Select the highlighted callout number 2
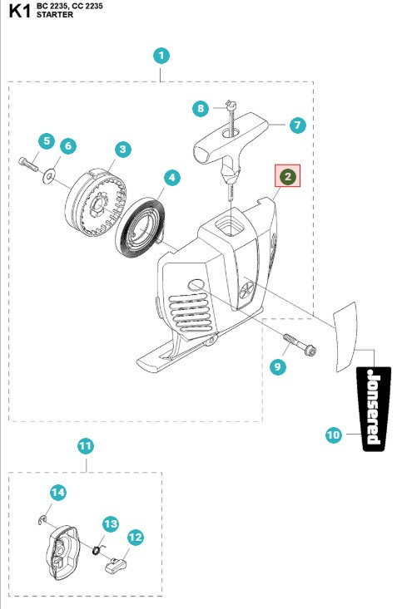pyautogui.click(x=286, y=176)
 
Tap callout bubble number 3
pyautogui.click(x=122, y=150)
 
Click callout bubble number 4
pyautogui.click(x=171, y=177)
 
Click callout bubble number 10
pyautogui.click(x=333, y=434)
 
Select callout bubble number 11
pyautogui.click(x=85, y=446)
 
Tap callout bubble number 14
pyautogui.click(x=57, y=493)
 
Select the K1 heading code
pyautogui.click(x=19, y=10)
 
